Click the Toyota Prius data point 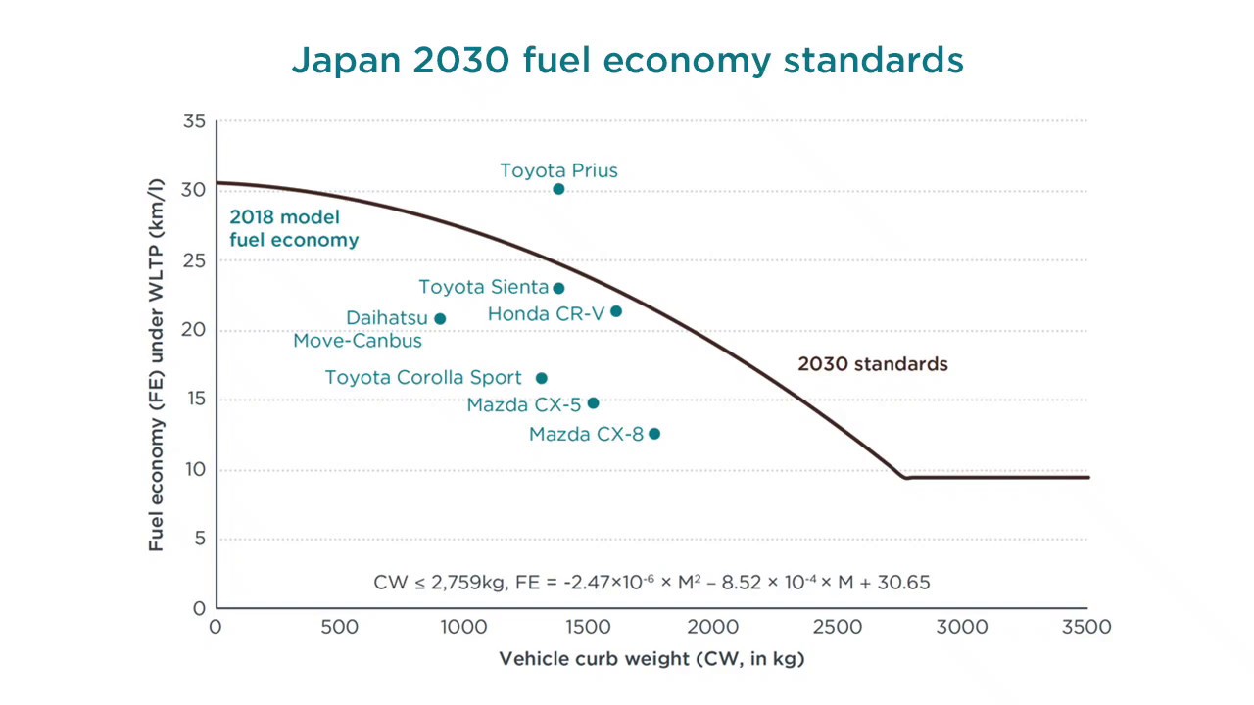[x=558, y=189]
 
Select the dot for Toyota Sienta [x=558, y=288]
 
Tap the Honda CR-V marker [x=616, y=311]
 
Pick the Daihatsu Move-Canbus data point [x=440, y=319]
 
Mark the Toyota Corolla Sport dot [x=542, y=378]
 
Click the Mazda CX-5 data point [x=593, y=403]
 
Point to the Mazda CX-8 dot [x=654, y=434]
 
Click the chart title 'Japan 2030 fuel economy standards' [x=627, y=60]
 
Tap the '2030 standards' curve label [x=872, y=364]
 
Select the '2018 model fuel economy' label [x=294, y=229]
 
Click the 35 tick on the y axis [x=194, y=121]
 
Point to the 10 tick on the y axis [x=194, y=469]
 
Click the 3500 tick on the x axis [x=1087, y=627]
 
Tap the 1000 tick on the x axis [x=464, y=627]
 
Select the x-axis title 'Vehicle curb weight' [x=651, y=659]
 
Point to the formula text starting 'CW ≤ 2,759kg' [x=651, y=582]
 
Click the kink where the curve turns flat [x=906, y=478]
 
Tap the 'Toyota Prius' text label [x=558, y=170]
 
